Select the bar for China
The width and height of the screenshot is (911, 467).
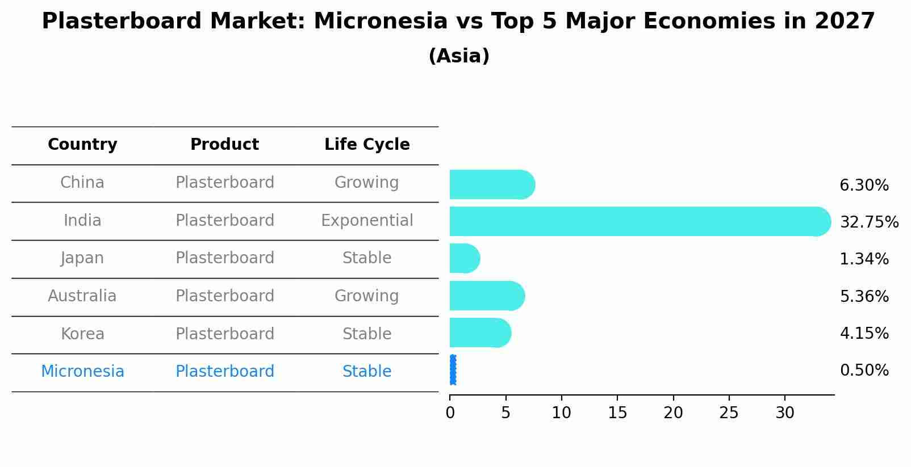click(x=491, y=184)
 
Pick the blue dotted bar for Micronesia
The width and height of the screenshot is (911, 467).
click(x=453, y=370)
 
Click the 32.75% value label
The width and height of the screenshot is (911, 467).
click(x=869, y=222)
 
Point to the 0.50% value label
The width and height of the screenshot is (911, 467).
click(x=864, y=371)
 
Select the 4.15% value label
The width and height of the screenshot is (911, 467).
click(x=864, y=333)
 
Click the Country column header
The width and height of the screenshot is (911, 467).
click(x=82, y=145)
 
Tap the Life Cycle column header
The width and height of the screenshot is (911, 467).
click(x=367, y=145)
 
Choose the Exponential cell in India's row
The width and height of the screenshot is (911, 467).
click(x=367, y=220)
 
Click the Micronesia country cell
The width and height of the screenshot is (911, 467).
click(x=82, y=371)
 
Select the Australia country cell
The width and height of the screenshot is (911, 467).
click(x=82, y=296)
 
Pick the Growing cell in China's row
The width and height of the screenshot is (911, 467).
click(x=367, y=182)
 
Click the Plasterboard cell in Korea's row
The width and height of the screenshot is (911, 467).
click(x=225, y=334)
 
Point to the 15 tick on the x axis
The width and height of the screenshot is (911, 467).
click(x=617, y=413)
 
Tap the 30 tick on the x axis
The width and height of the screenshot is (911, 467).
click(x=785, y=413)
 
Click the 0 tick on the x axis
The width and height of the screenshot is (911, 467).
click(x=450, y=413)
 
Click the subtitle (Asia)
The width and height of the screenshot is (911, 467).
click(x=459, y=56)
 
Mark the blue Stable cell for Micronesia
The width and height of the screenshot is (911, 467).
click(x=367, y=371)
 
